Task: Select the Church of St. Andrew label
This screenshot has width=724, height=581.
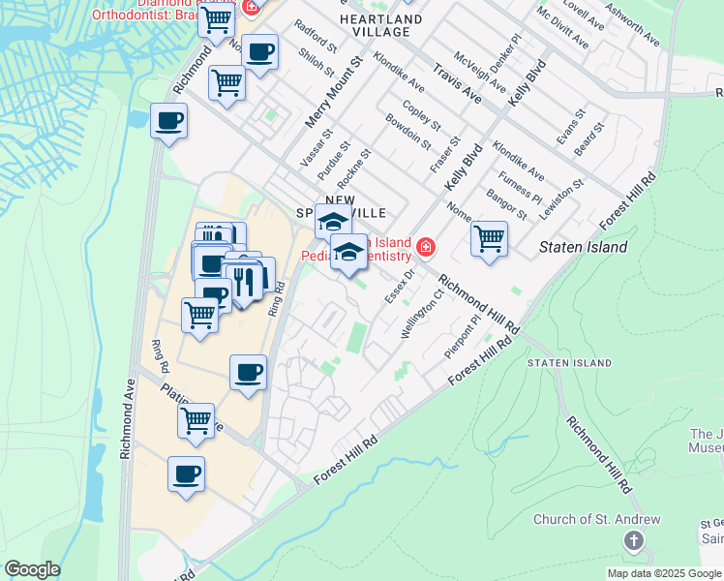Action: point(596,520)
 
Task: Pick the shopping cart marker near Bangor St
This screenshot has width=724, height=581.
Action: point(490,237)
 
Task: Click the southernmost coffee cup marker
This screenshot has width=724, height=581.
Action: point(187,474)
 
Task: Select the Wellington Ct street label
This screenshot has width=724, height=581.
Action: point(423,313)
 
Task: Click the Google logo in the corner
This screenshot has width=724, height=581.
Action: point(32,569)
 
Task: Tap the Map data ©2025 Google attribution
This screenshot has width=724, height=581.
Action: point(664,573)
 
